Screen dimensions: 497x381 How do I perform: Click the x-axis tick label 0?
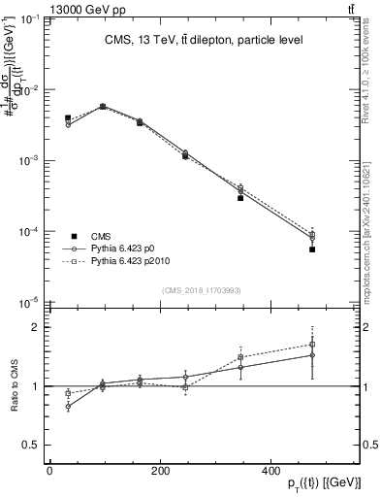tap(49, 471)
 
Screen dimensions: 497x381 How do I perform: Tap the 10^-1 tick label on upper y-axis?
tap(30, 19)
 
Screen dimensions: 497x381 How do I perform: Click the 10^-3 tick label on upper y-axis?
tap(30, 161)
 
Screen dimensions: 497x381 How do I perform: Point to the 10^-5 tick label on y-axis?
tap(30, 303)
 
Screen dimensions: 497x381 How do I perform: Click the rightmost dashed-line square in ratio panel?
tap(312, 344)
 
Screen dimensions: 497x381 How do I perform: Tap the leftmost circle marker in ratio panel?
tap(68, 407)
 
